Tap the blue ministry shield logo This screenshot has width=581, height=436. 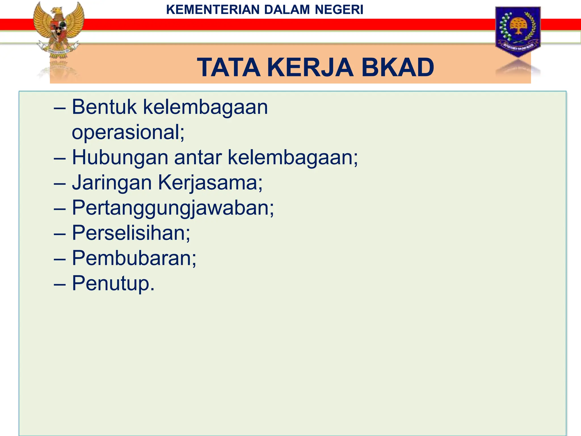click(518, 31)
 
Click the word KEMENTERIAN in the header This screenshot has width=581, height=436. click(213, 10)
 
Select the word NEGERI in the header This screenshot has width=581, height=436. click(339, 10)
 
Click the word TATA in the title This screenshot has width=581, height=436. click(229, 68)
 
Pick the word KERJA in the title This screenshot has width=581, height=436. click(310, 68)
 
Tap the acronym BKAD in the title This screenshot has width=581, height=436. click(398, 68)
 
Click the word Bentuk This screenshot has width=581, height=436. click(104, 107)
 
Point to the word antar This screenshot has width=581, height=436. click(198, 158)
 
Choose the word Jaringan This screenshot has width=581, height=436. click(112, 183)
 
